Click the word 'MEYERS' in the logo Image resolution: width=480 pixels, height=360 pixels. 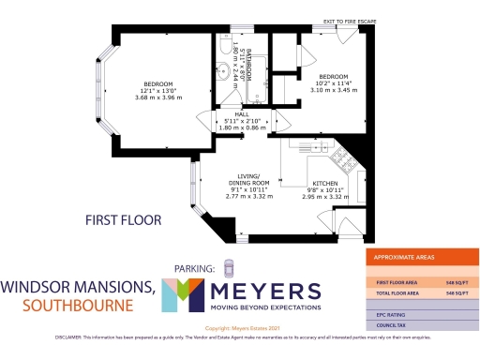coord(266,290)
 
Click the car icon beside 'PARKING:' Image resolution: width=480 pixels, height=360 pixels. coord(227,267)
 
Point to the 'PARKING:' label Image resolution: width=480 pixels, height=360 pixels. coord(195,269)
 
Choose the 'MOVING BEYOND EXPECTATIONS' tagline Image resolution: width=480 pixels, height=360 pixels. coord(266,307)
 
